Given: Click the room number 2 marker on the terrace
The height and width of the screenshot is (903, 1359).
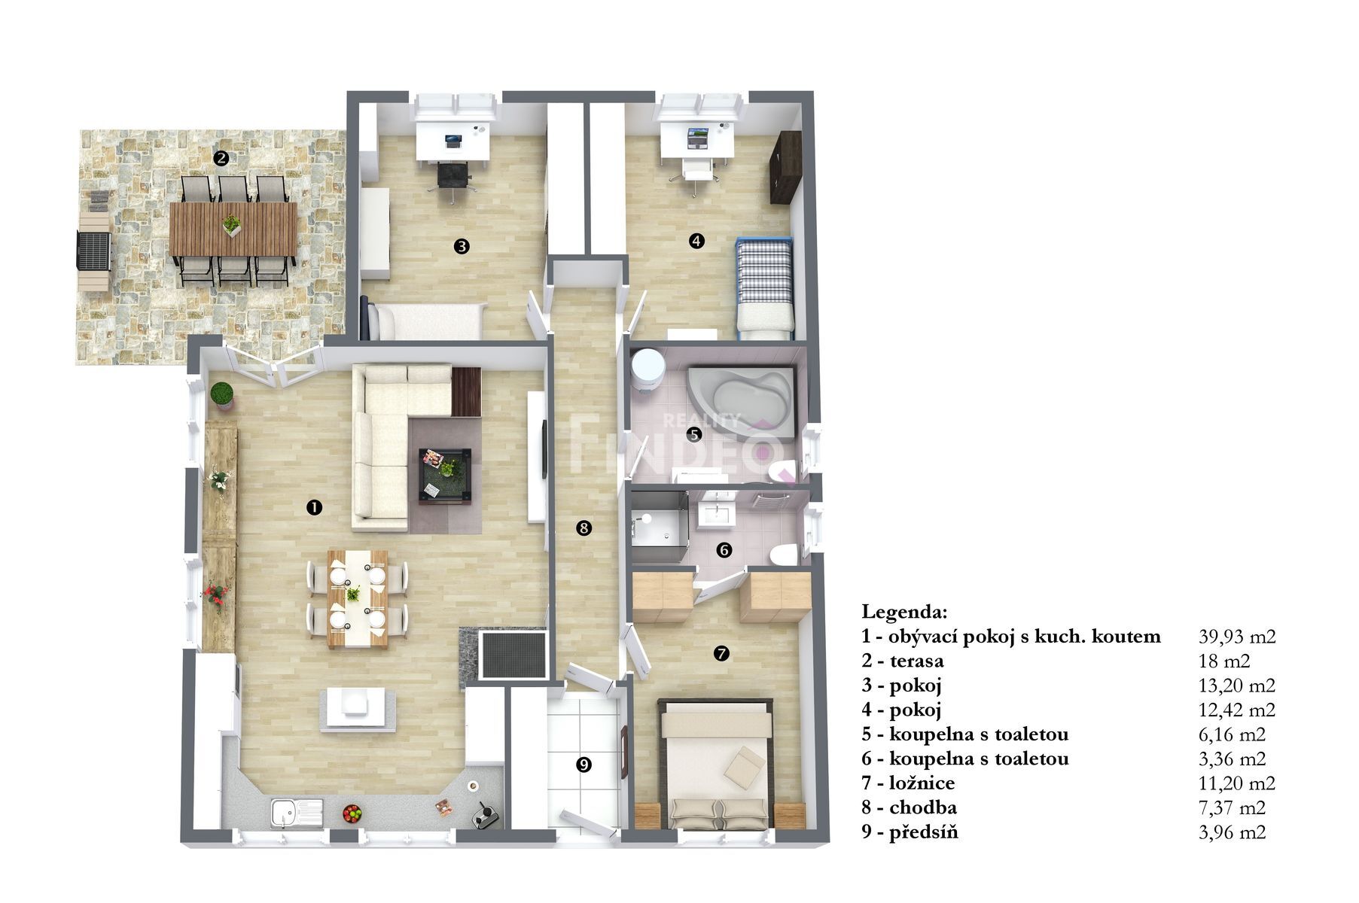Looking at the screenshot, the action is point(221,158).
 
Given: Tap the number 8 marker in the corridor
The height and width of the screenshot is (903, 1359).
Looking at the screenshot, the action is point(583,528).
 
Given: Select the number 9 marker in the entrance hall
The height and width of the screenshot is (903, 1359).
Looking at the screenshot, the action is point(583,765).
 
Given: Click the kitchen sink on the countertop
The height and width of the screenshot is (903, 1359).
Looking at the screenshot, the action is point(297,814).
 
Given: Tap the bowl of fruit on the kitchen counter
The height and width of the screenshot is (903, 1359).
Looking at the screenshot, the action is point(351,813).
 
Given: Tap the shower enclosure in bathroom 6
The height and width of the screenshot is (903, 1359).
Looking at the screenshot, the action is point(659,526).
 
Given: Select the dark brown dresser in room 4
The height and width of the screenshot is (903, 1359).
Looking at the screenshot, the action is point(785,167).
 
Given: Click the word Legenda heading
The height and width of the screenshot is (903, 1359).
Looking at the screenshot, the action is point(904,611).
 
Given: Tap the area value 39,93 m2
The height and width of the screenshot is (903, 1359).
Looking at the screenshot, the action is point(1237,637).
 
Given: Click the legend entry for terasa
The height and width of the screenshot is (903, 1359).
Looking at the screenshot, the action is point(903,661).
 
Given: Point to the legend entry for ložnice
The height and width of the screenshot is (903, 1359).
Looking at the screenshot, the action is point(908,783).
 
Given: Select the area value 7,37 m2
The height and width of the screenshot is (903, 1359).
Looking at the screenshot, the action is point(1232,808).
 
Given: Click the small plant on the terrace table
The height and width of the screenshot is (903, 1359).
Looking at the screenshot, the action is point(233,223).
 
